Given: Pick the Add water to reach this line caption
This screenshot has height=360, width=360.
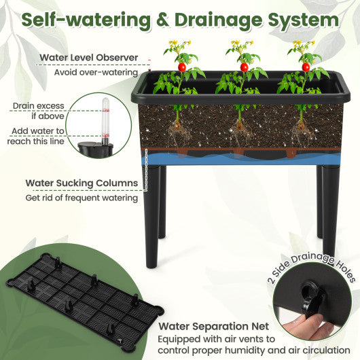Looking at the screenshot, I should (x=37, y=136).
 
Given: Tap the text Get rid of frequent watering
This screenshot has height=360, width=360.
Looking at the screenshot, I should (x=81, y=198).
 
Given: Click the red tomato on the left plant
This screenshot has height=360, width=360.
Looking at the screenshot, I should (x=181, y=67).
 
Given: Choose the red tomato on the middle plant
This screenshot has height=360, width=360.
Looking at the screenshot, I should (x=244, y=67).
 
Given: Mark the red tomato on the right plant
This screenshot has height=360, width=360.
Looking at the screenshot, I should (x=306, y=67).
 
